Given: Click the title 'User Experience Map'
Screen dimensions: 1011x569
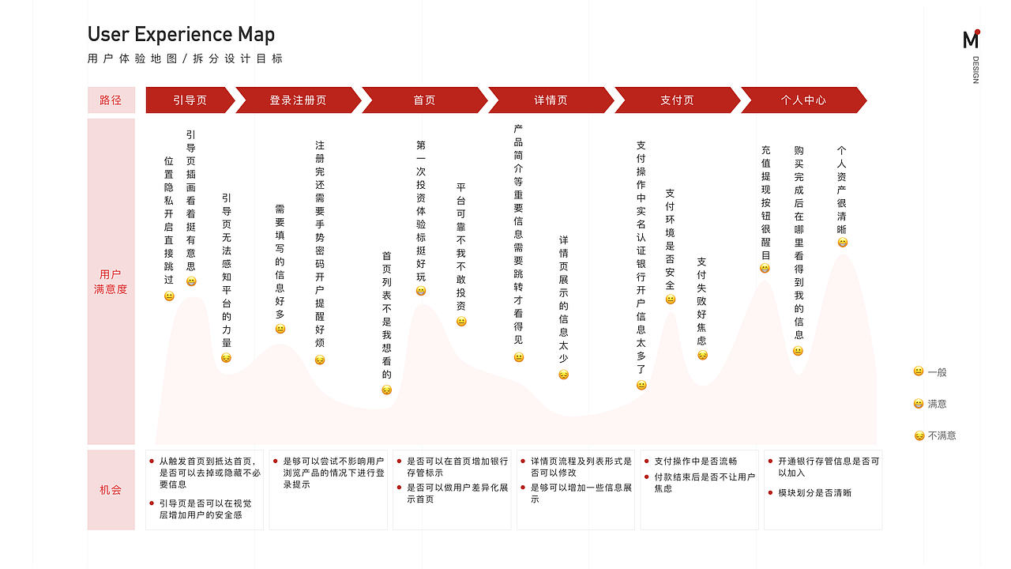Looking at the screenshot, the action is pos(181,34).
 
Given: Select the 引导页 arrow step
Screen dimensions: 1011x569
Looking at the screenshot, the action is pos(190,100).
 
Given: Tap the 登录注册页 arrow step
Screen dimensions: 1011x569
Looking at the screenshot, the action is pos(298,100).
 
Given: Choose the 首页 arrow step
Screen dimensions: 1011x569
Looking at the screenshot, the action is pos(424,100).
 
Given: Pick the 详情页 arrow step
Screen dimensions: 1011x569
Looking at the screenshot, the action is pos(551,100).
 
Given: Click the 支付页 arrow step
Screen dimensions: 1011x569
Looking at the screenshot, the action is pos(677,100).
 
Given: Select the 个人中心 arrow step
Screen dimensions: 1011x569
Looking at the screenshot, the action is pos(803,100).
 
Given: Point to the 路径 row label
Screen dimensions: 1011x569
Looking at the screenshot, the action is pos(111,100).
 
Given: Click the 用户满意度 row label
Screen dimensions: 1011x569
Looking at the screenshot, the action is pos(111,281).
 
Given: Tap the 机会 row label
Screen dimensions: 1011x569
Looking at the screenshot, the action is pos(111,489).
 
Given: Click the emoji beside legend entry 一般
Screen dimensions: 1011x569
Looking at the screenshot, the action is pos(919,371).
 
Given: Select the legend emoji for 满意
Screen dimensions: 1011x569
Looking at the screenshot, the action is pos(919,403).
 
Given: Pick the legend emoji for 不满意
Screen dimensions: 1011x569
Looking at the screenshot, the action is pos(919,435).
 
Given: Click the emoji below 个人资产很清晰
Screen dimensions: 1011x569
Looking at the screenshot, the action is pos(842,243).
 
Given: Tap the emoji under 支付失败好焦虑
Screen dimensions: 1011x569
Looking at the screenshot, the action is pos(702,356).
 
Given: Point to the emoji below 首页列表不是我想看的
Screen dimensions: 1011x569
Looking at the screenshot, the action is pos(387,390).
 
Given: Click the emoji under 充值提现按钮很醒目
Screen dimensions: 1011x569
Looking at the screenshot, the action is pos(765,268).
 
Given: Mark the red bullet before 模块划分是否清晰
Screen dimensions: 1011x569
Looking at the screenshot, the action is pos(770,492).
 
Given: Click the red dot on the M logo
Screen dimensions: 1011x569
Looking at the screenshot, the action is pos(977,32).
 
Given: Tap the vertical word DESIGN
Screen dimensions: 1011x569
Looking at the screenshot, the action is pos(975,70).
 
